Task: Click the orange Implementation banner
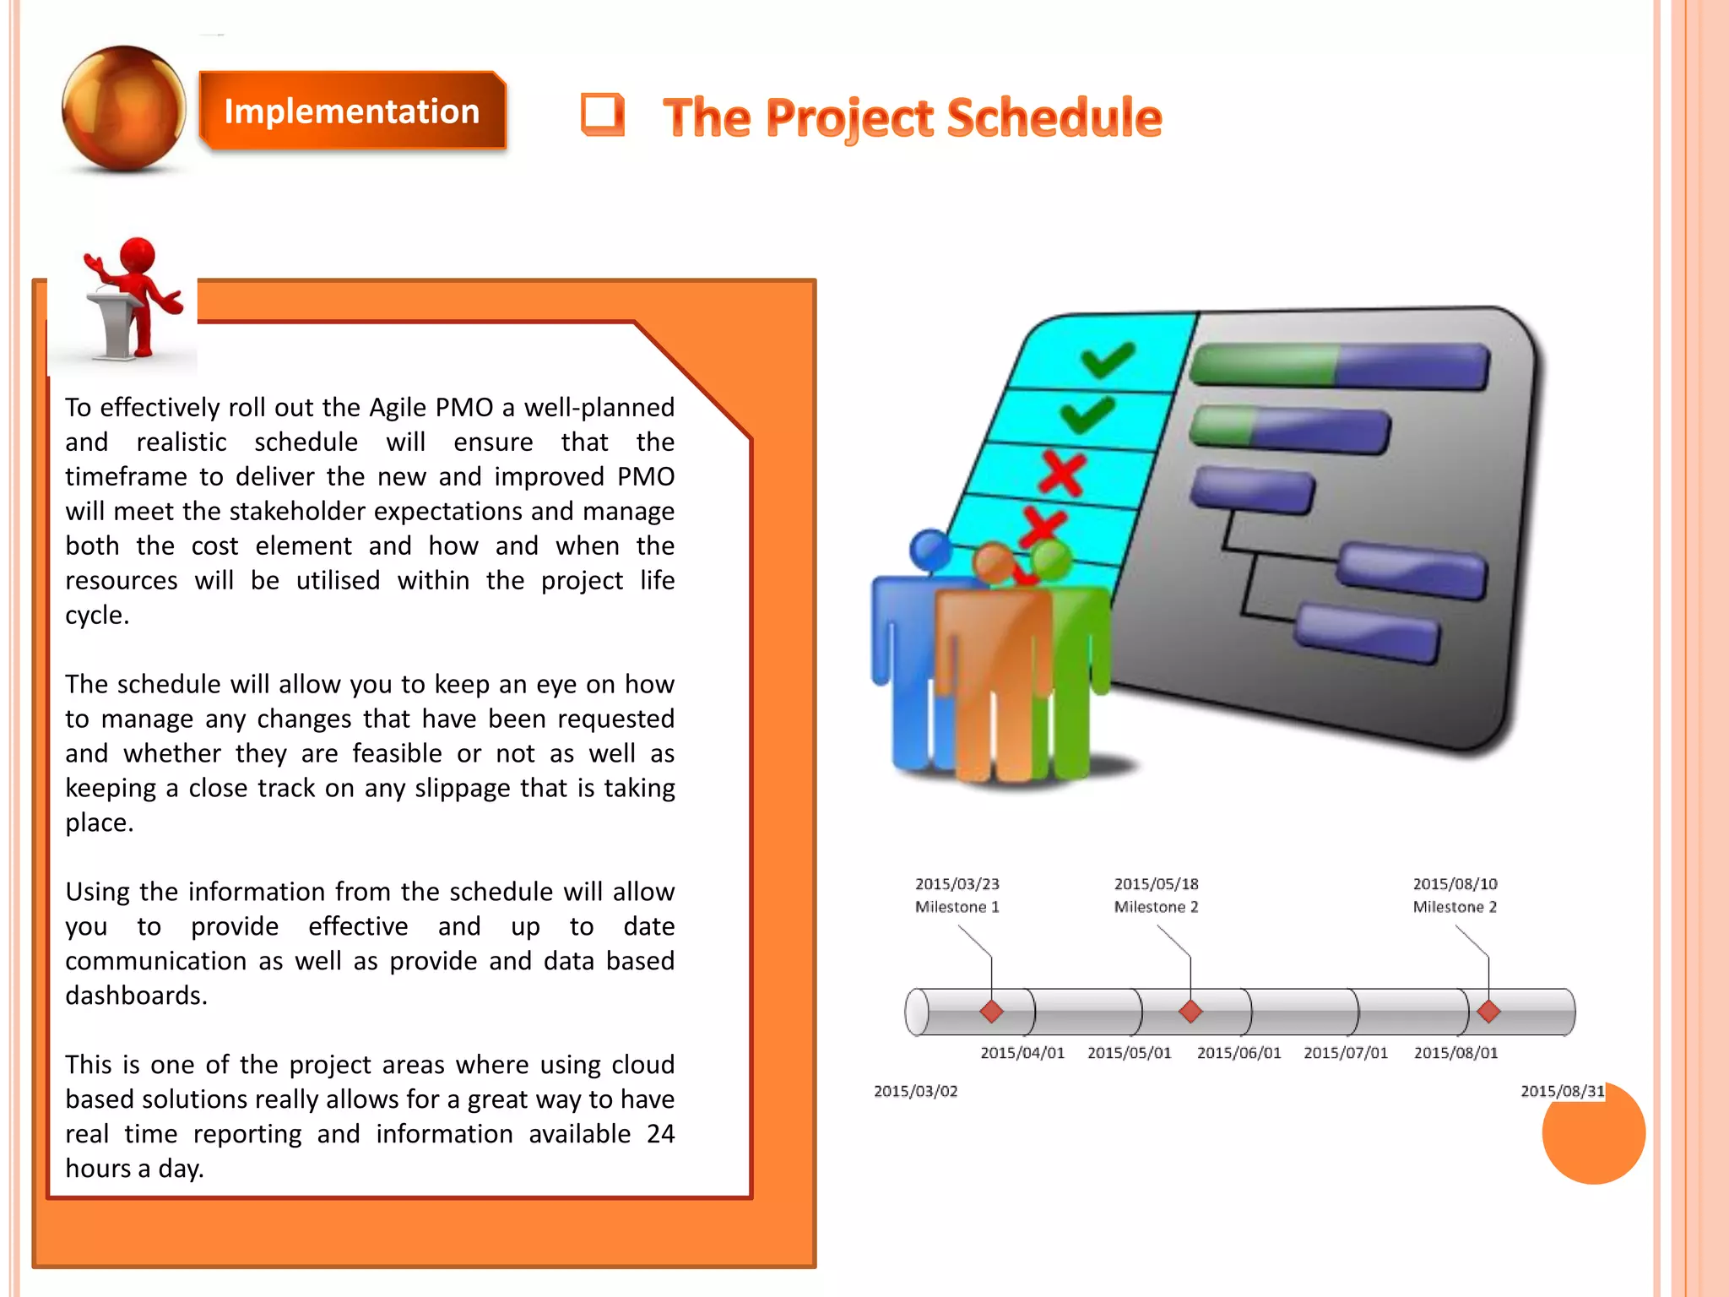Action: click(352, 111)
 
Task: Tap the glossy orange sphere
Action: click(124, 108)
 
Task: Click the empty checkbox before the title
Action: click(602, 114)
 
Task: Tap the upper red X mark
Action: click(1062, 473)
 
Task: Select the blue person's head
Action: click(930, 550)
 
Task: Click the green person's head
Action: click(1050, 558)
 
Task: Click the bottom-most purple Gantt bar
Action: click(1367, 632)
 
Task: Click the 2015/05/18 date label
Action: click(1156, 884)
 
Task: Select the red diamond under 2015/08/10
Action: click(1488, 1011)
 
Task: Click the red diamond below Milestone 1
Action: click(991, 1011)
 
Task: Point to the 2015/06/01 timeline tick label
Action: click(1238, 1053)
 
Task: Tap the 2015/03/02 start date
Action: click(915, 1091)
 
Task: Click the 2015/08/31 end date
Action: click(1562, 1091)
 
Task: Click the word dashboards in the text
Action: click(135, 996)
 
